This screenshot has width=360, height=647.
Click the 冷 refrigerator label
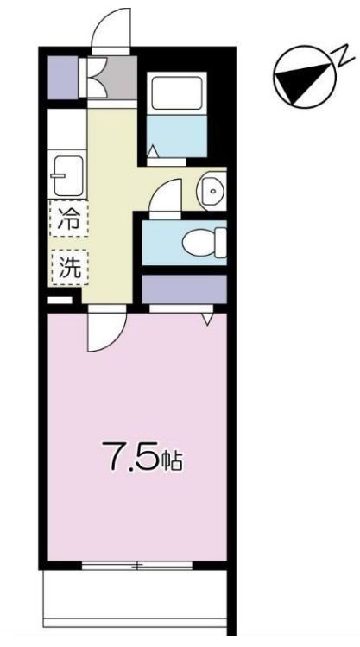[x=67, y=219]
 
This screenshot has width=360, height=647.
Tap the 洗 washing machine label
[x=68, y=267]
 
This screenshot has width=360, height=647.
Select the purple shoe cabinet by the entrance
[x=61, y=77]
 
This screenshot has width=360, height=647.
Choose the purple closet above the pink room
[x=183, y=289]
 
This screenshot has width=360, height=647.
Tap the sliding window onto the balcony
[x=136, y=566]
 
